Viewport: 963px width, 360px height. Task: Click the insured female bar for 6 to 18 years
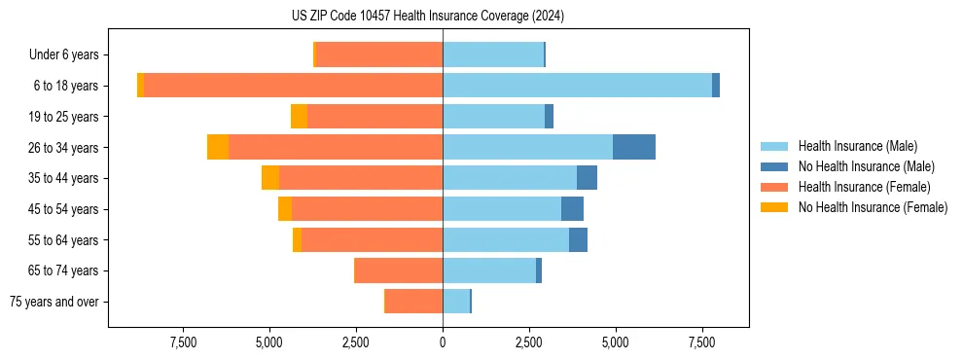tap(293, 86)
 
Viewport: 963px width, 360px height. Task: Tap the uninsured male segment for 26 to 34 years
tap(634, 147)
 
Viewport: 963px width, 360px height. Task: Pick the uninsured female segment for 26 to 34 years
tap(218, 147)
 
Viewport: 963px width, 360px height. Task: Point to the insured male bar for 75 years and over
tap(456, 302)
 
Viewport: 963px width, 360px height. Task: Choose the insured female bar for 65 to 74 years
tap(399, 270)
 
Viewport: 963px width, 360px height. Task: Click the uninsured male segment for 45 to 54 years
tap(572, 209)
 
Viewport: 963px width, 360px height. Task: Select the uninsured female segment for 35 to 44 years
tap(270, 178)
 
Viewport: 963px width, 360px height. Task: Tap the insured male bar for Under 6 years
tap(493, 54)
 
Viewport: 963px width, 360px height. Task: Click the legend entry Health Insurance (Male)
tap(857, 146)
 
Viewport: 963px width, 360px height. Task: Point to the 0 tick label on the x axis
tap(443, 342)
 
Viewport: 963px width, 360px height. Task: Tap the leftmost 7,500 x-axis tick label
tap(184, 342)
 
